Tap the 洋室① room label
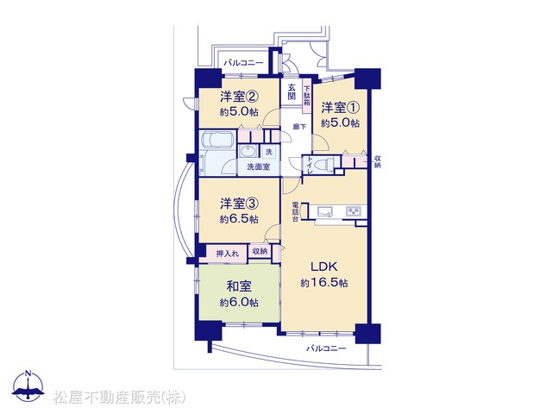point(340,107)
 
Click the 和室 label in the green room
point(239,286)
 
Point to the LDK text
point(324,267)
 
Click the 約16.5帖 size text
point(324,283)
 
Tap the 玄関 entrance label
point(292,91)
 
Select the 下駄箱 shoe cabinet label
point(307,96)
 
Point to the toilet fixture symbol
point(324,164)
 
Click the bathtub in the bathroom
point(216,140)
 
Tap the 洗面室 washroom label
point(259,166)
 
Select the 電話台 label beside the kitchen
point(295,212)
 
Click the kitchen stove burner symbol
point(354,211)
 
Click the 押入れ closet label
point(227,253)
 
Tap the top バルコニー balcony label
point(243,63)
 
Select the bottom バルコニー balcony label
point(326,348)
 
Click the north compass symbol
point(28,386)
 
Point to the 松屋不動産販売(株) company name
point(119,398)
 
